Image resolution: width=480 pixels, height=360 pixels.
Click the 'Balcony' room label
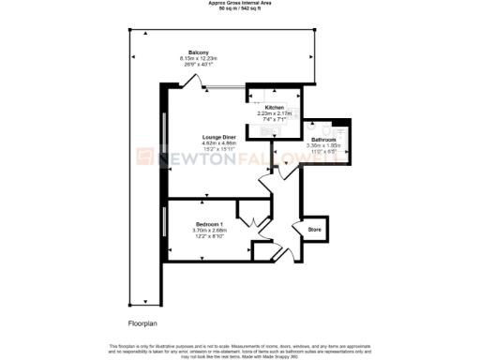click(198, 52)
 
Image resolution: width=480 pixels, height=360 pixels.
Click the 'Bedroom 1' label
click(209, 224)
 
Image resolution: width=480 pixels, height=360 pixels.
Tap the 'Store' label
click(315, 228)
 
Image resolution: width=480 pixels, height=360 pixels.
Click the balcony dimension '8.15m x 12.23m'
click(198, 58)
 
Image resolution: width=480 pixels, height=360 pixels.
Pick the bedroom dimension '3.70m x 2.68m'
click(209, 230)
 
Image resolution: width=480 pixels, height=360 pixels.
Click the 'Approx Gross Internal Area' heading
click(238, 4)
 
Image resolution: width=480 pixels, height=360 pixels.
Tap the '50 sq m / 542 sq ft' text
click(238, 9)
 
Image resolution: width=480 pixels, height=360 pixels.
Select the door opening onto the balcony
click(194, 82)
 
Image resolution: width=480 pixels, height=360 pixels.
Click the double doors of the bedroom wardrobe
click(248, 223)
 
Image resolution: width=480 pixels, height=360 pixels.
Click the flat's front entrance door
click(278, 251)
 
